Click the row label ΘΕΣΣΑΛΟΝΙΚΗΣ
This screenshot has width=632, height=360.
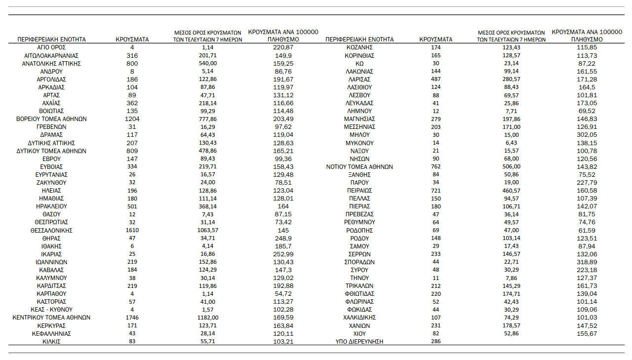coord(51,230)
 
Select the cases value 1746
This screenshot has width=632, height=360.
coord(132,318)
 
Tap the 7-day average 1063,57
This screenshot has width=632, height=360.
coord(207,230)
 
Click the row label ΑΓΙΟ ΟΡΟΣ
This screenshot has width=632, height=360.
coord(51,47)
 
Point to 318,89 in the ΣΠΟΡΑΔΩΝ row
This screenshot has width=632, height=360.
coord(587,262)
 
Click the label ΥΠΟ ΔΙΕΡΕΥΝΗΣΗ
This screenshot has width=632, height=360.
coord(359,342)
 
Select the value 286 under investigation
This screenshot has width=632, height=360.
coord(436,342)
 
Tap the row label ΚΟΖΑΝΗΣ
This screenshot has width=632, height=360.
coord(359,47)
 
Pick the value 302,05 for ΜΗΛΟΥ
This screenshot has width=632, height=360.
coord(587,135)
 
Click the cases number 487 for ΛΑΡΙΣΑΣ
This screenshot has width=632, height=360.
coord(436,80)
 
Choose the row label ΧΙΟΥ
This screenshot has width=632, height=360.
coord(359,334)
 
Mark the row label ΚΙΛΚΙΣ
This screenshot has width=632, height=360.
coord(51,342)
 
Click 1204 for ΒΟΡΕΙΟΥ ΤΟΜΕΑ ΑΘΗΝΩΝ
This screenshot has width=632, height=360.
coord(132,119)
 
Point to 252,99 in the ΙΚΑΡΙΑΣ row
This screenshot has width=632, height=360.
coord(283,254)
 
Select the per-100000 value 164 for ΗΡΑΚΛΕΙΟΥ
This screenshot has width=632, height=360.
coord(283,206)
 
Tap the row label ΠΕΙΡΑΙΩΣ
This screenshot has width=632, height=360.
coord(359,191)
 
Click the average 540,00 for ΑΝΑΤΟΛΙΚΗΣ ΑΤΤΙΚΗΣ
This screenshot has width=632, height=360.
coord(207,64)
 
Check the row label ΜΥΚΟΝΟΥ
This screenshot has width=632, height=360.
coord(359,143)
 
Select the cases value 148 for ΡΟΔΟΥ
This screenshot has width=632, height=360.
coord(436,239)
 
